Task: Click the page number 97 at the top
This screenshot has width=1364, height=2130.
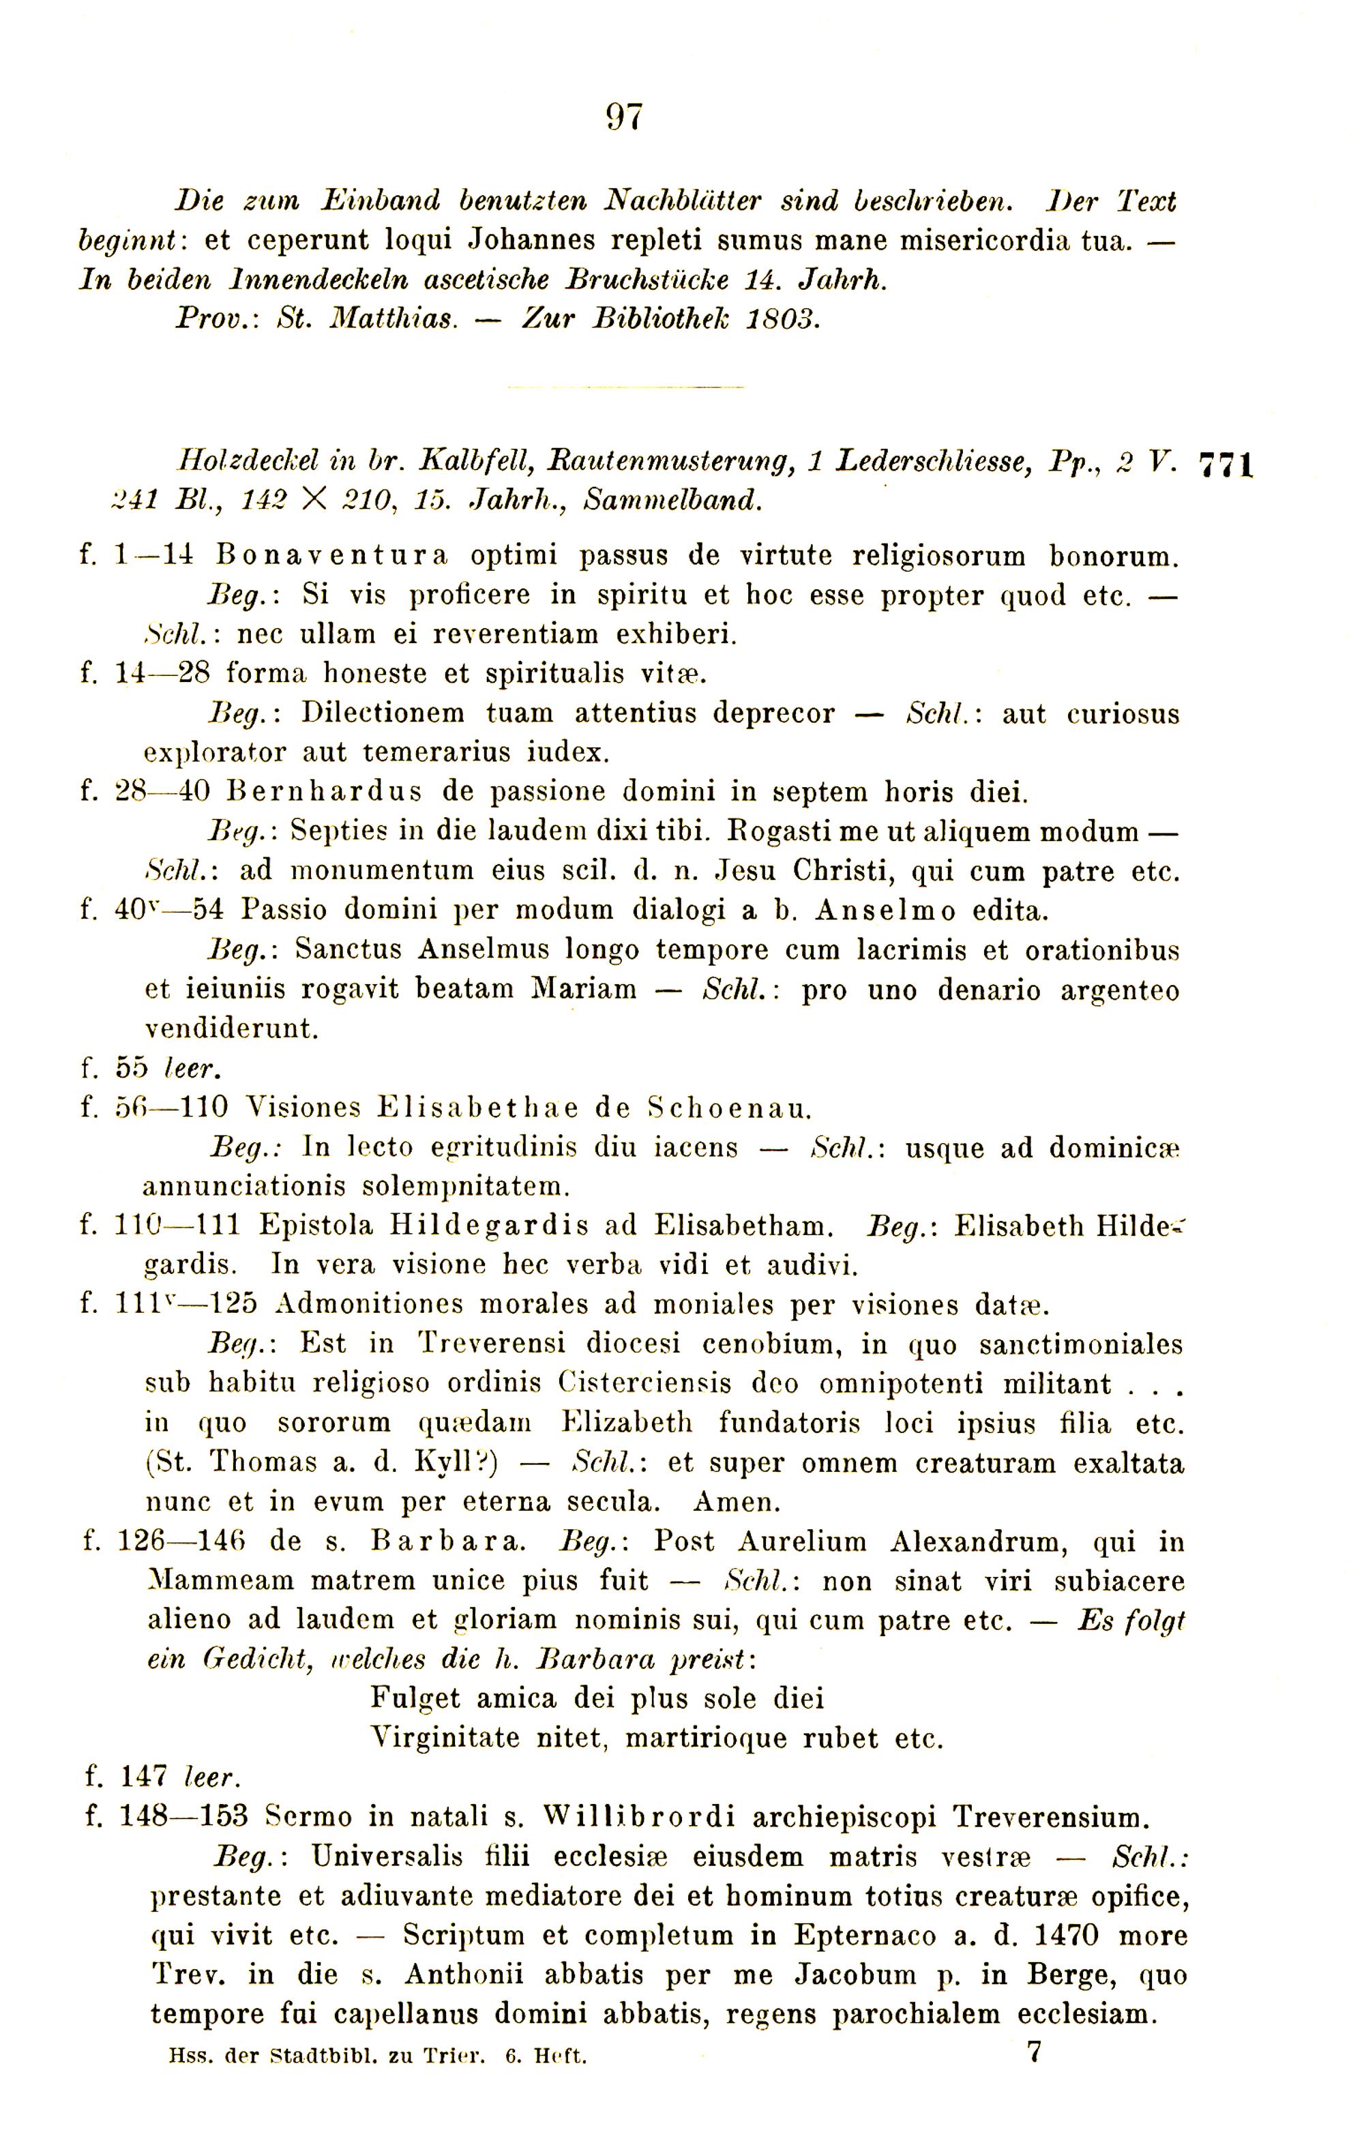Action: coord(625,117)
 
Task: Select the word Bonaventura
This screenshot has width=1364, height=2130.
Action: coord(331,556)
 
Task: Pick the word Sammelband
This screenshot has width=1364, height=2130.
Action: coord(672,501)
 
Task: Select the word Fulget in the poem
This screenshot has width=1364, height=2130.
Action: coord(415,1698)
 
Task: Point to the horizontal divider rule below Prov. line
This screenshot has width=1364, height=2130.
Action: coord(625,387)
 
